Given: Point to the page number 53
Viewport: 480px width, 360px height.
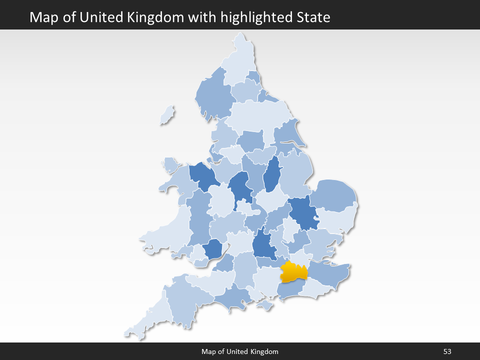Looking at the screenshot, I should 447,352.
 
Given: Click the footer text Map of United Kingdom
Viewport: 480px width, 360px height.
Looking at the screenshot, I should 240,352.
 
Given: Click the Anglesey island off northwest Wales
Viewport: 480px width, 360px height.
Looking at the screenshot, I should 170,165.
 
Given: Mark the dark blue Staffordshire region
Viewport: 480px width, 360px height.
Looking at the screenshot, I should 239,187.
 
